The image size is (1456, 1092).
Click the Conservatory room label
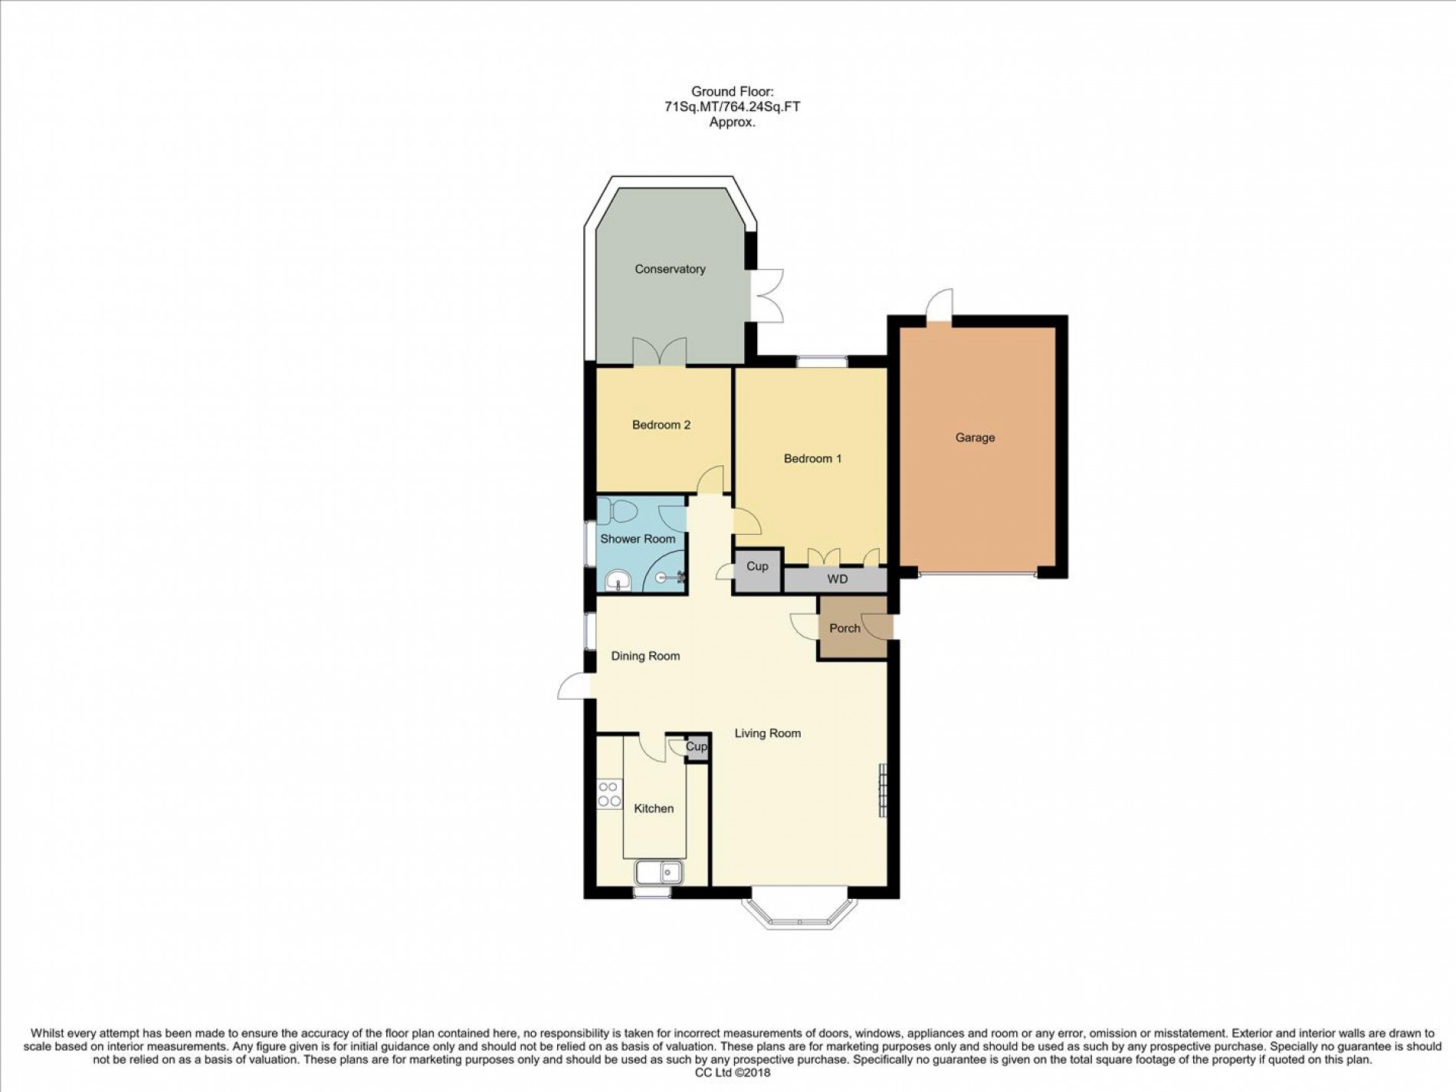tap(669, 269)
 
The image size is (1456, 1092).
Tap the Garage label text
tap(975, 438)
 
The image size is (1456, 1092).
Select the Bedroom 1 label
tap(812, 458)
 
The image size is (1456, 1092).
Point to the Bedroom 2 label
tap(661, 425)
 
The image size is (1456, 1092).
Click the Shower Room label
tap(638, 539)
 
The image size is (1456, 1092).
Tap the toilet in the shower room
tap(615, 510)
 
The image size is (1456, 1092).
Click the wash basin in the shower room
tap(618, 582)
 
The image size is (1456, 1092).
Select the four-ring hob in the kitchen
tap(609, 794)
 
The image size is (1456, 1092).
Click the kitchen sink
tap(659, 871)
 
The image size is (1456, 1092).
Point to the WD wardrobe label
tap(837, 579)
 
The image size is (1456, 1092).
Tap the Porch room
tap(844, 628)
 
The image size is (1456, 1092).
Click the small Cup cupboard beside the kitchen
tap(697, 746)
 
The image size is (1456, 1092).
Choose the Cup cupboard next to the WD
tap(756, 567)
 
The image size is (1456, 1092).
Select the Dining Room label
tap(645, 656)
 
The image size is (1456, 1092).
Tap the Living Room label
tap(767, 733)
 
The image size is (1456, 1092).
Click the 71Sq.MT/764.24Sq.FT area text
tap(732, 107)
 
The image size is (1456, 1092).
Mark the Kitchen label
tap(654, 808)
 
